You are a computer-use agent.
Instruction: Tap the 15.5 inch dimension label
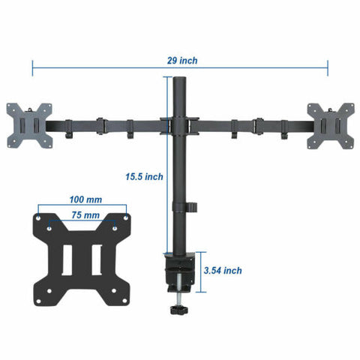tap(144, 177)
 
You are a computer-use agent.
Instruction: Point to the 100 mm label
tap(85, 200)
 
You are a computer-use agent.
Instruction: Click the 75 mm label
tap(84, 215)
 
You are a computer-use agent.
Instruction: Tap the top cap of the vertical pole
tap(178, 78)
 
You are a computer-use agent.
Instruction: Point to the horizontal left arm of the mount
tap(105, 123)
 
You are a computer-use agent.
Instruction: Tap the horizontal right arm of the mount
tap(251, 123)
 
